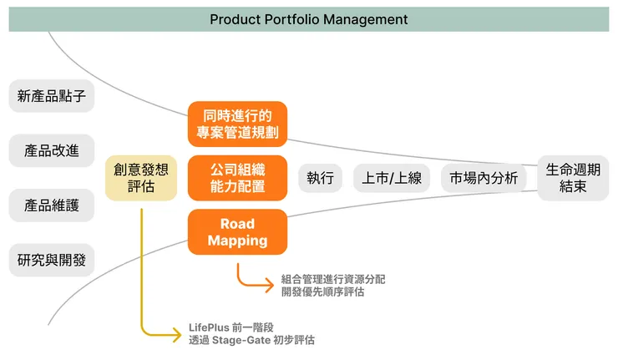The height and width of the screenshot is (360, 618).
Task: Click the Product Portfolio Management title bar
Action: (308, 19)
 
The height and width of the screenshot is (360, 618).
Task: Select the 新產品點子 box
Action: (52, 96)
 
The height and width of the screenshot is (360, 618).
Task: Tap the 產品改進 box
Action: (52, 150)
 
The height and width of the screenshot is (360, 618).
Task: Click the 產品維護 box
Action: (52, 205)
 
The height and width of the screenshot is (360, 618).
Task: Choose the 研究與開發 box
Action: (52, 260)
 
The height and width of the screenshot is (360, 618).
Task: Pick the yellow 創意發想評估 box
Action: (141, 178)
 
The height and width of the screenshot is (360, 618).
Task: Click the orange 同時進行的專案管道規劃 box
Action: (237, 123)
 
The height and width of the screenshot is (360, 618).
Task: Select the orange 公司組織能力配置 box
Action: (237, 178)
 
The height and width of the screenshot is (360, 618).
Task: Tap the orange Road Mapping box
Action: (237, 232)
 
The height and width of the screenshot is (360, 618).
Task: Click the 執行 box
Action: (320, 178)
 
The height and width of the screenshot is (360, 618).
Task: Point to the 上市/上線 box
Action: (392, 178)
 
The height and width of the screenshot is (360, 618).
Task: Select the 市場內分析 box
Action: (484, 178)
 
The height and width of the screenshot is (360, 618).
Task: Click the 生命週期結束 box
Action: (573, 178)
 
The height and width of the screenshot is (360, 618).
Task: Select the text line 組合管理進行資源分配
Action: (333, 279)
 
